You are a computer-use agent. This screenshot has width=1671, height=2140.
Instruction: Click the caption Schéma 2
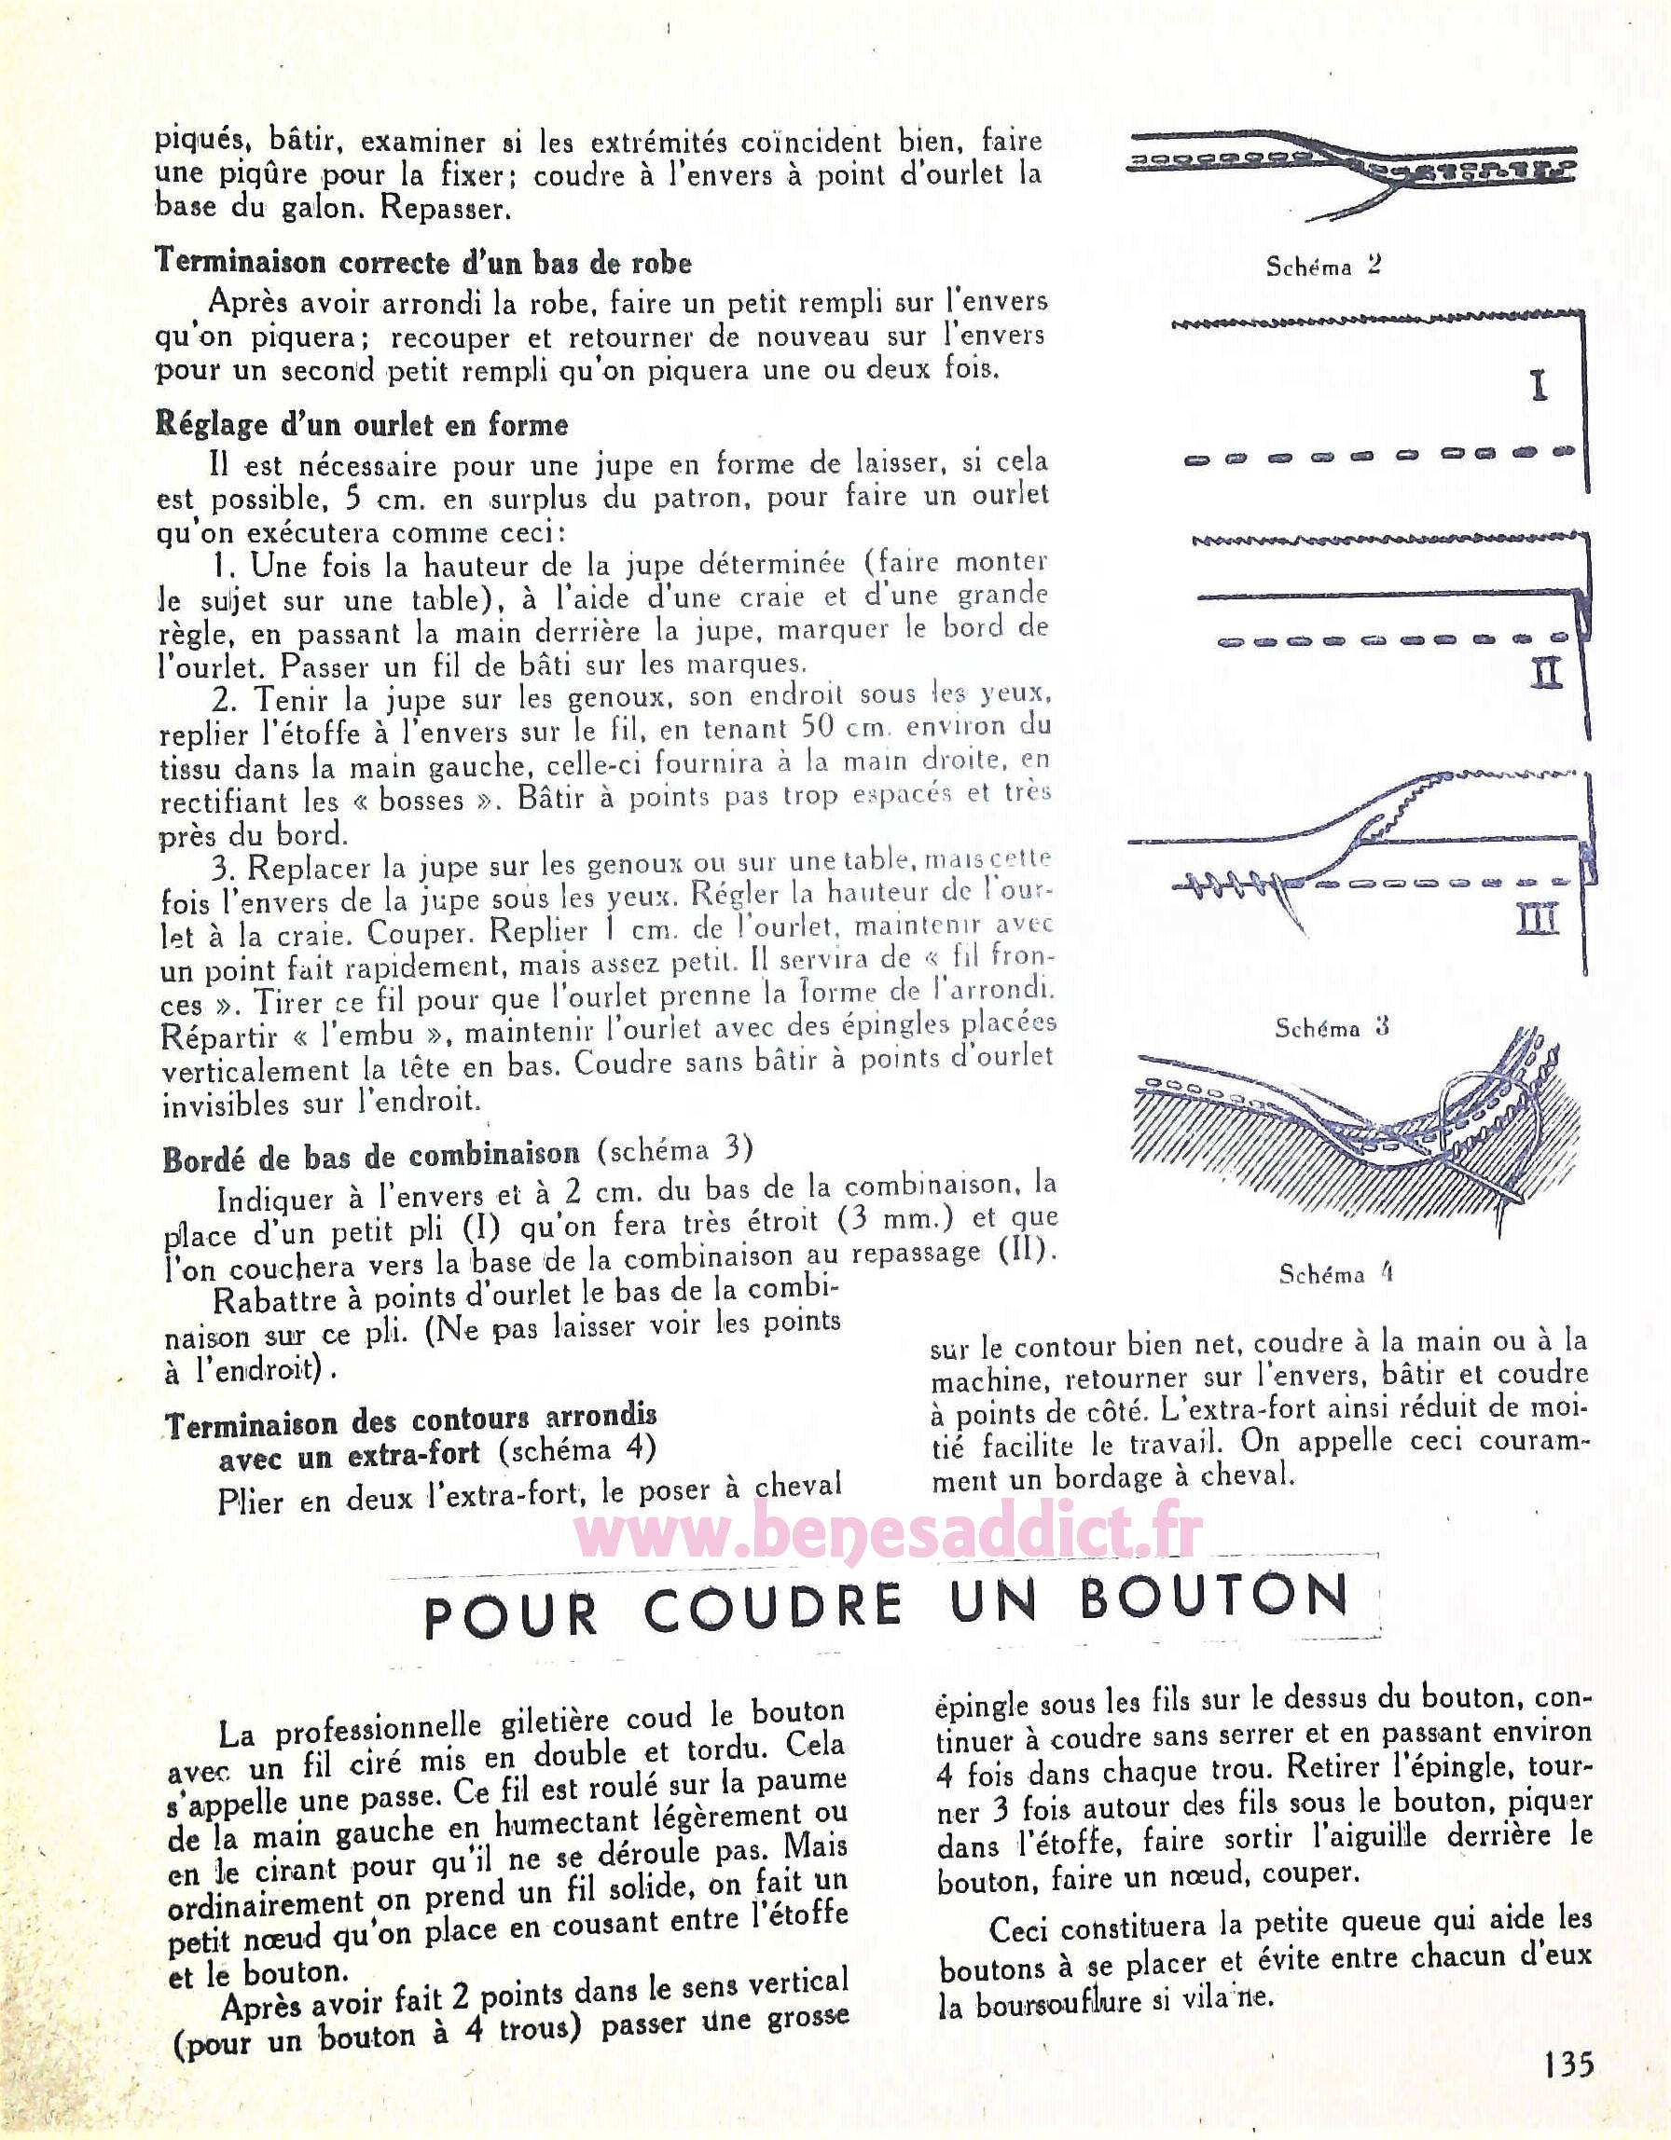point(1323,266)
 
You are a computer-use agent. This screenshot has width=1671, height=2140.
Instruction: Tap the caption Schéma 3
point(1331,1028)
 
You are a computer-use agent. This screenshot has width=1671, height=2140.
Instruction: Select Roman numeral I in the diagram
point(1539,387)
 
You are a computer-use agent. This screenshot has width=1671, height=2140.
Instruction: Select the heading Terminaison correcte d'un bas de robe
point(423,263)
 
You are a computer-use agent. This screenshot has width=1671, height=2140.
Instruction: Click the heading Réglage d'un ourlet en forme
point(362,425)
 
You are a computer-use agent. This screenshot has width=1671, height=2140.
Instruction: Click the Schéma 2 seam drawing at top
point(1352,166)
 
